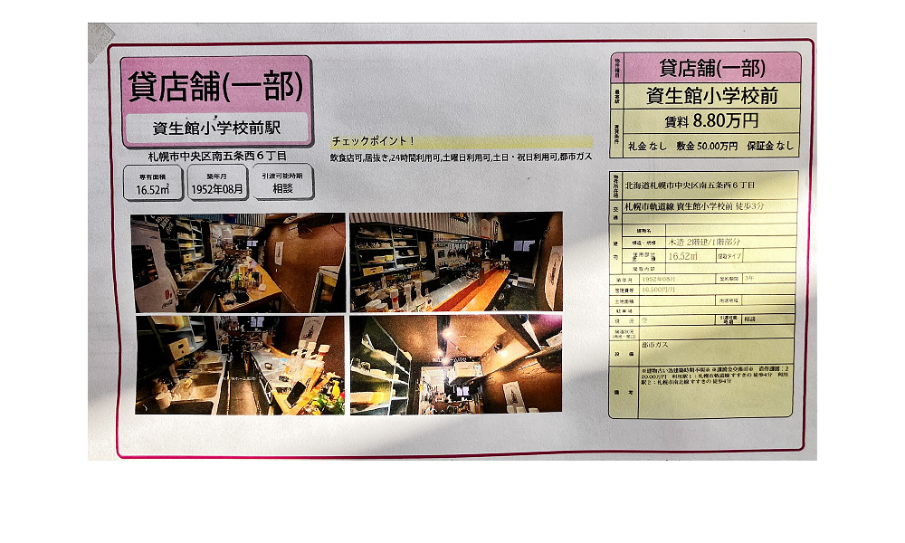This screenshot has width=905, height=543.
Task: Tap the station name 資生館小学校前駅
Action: click(x=216, y=128)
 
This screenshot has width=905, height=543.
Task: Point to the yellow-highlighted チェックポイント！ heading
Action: click(x=373, y=141)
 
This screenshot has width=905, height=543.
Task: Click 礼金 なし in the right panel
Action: click(x=653, y=145)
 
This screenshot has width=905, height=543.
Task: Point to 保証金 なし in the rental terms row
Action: click(x=770, y=145)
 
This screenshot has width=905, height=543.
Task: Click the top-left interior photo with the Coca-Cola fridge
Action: click(x=237, y=262)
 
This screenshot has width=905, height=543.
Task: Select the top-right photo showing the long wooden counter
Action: click(x=456, y=262)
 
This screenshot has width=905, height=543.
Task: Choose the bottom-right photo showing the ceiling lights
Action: click(x=456, y=365)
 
